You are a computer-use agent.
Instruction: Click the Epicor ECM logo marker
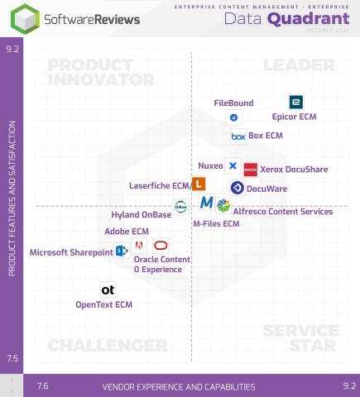(x=295, y=102)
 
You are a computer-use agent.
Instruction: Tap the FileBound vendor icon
(x=233, y=118)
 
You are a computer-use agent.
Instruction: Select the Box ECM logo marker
(x=238, y=136)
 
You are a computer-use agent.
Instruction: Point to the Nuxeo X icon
(x=233, y=165)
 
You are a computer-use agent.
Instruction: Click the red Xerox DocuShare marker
(x=251, y=169)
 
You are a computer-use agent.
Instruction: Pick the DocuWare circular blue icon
(x=237, y=188)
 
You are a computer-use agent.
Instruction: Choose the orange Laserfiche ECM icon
(x=199, y=184)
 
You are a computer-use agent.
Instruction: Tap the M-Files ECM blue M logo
(x=206, y=203)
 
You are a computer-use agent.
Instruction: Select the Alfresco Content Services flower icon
(x=223, y=205)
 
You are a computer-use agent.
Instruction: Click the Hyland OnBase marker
(x=180, y=206)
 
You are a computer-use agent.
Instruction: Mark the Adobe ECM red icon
(x=139, y=246)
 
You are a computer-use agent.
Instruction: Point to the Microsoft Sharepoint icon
(x=121, y=251)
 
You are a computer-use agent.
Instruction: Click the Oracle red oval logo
(x=161, y=246)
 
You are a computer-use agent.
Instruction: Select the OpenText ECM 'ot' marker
(x=108, y=289)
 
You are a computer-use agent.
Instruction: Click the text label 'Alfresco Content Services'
(x=275, y=212)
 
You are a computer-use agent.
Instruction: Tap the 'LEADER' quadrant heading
(x=297, y=65)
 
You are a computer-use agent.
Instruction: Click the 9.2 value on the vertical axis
(x=12, y=49)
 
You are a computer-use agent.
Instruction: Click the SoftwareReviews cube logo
(x=17, y=18)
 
